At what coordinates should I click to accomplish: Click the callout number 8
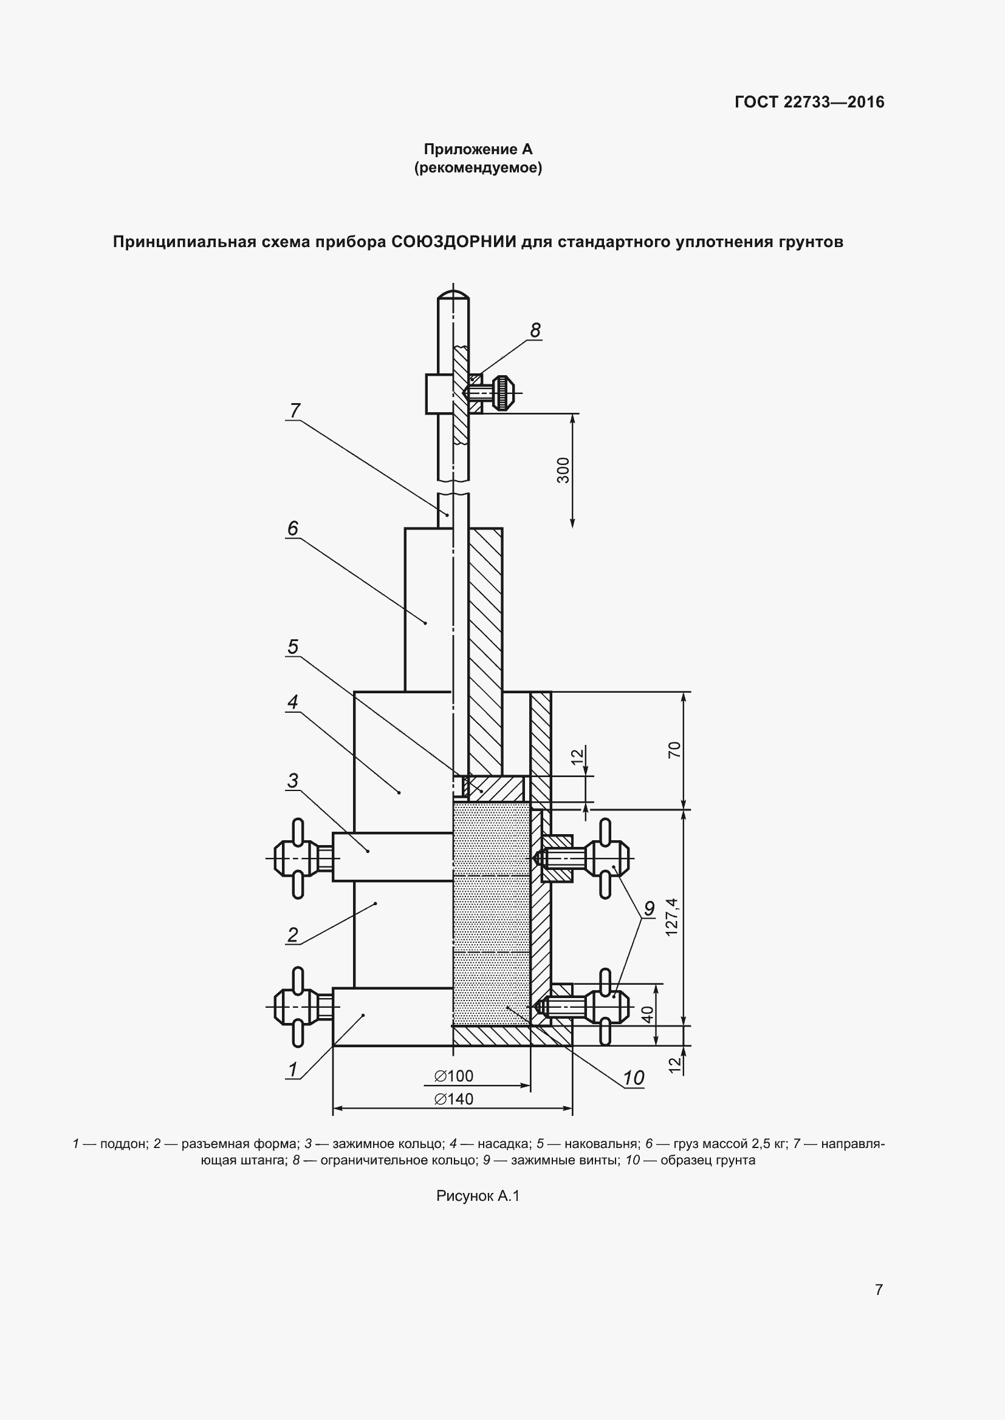tap(535, 330)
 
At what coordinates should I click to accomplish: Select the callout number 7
tap(295, 410)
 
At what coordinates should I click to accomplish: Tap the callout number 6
tap(293, 528)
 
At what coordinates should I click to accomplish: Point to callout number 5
tap(293, 647)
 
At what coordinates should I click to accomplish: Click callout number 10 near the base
tap(634, 1078)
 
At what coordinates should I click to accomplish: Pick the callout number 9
tap(649, 909)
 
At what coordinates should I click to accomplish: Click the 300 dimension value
tap(563, 471)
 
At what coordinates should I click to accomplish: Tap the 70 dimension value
tap(674, 750)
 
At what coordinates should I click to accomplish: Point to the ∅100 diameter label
tap(454, 1076)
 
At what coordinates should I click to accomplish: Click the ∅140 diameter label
tap(454, 1099)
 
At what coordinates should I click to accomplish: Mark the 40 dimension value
tap(647, 1014)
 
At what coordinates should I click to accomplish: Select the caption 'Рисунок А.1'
tap(478, 1196)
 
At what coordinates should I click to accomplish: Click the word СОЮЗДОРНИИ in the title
tap(454, 241)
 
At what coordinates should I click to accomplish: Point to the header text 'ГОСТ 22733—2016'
tap(809, 102)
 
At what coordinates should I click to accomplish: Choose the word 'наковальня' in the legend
tap(601, 1144)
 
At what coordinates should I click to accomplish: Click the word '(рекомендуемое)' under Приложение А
tap(478, 168)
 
